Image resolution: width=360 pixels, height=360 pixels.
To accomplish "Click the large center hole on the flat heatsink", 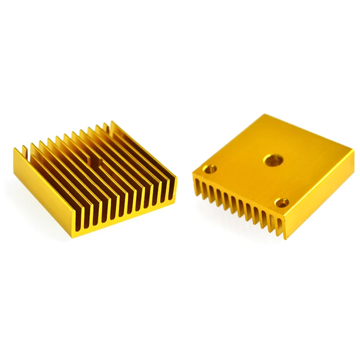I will coord(273,160).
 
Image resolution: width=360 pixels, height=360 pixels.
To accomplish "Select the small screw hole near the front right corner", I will coord(282,203).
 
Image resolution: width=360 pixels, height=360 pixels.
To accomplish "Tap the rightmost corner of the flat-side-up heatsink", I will coord(353,152).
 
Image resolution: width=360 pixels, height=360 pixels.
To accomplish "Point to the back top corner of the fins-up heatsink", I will coord(112,122).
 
